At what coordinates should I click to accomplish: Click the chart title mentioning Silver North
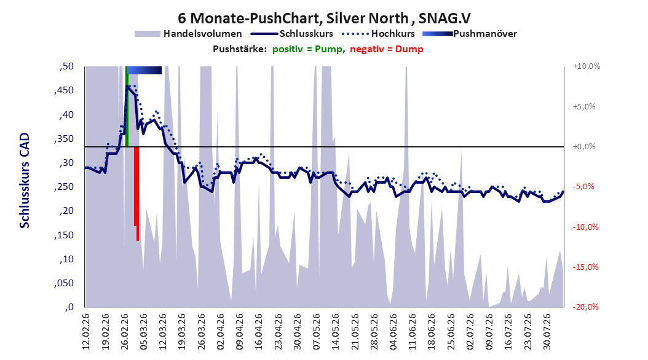pyautogui.click(x=324, y=18)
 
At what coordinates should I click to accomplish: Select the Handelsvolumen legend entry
pyautogui.click(x=189, y=34)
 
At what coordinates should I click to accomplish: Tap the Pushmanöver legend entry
pyautogui.click(x=470, y=34)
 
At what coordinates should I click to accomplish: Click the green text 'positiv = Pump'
pyautogui.click(x=307, y=49)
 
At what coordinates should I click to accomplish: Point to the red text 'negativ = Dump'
pyautogui.click(x=387, y=49)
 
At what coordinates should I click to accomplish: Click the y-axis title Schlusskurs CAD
pyautogui.click(x=25, y=181)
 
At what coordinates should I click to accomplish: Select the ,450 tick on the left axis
pyautogui.click(x=64, y=90)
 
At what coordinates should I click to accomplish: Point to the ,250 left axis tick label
pyautogui.click(x=64, y=187)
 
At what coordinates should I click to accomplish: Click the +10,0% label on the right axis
pyautogui.click(x=587, y=66)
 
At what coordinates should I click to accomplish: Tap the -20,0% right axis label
pyautogui.click(x=585, y=307)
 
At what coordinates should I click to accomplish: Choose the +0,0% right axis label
pyautogui.click(x=584, y=147)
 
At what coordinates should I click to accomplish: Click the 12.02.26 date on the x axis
pyautogui.click(x=86, y=332)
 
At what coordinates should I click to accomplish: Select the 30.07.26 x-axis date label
pyautogui.click(x=547, y=332)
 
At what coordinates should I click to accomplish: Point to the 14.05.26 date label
pyautogui.click(x=336, y=332)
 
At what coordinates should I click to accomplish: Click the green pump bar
pyautogui.click(x=127, y=106)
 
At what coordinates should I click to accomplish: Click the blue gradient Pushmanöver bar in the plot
pyautogui.click(x=144, y=70)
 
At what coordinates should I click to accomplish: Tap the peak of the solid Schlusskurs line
pyautogui.click(x=127, y=86)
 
